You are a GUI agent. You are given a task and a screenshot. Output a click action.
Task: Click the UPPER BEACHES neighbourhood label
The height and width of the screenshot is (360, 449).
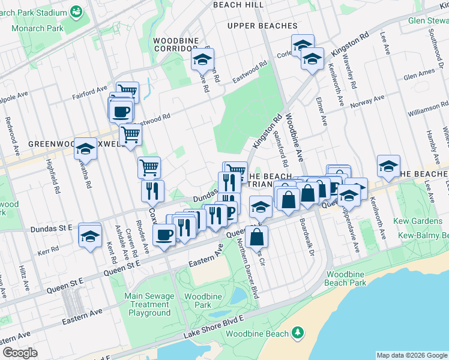click(x=262, y=26)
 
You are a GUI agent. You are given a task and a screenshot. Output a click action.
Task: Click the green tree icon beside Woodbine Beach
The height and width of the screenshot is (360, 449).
click(x=297, y=332)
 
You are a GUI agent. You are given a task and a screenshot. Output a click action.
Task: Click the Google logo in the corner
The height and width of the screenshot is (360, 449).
click(x=20, y=353)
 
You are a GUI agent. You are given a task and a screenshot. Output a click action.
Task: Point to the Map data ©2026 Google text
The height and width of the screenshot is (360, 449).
click(x=411, y=355)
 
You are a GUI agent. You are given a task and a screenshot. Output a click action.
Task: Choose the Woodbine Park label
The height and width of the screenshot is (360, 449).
click(x=197, y=301)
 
